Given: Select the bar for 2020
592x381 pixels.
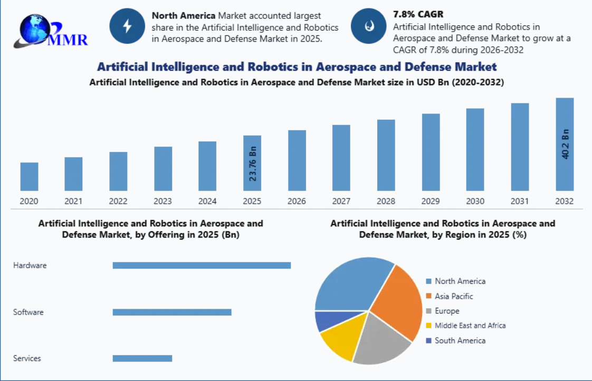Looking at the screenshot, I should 29,177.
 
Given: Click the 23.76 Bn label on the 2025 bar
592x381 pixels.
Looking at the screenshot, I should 253,164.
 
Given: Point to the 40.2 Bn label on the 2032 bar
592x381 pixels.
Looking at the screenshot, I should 566,144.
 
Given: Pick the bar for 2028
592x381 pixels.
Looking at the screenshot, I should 386,155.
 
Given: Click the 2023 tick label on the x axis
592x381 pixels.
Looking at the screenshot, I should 163,201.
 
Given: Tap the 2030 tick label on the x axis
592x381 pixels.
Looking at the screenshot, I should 475,201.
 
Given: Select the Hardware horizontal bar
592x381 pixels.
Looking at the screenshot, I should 202,265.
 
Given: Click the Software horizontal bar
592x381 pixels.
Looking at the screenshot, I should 172,312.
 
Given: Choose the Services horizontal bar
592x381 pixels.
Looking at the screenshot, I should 142,358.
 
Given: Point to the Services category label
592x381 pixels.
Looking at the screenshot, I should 27,358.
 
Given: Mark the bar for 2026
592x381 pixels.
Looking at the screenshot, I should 297,160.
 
